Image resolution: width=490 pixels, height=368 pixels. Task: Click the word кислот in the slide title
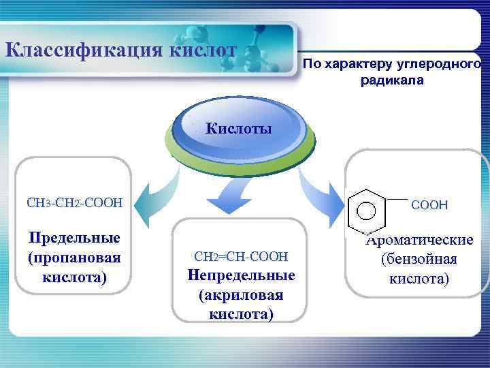[203, 50]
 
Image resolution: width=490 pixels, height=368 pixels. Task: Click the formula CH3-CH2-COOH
[74, 202]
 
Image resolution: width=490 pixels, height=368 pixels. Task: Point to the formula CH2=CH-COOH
[241, 257]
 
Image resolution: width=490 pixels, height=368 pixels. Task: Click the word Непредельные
[241, 276]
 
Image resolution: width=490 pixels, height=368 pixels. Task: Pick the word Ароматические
[419, 240]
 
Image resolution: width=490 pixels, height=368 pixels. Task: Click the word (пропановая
[73, 258]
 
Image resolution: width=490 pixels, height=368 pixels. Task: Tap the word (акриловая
[241, 296]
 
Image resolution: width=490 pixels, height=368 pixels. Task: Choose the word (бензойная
[419, 260]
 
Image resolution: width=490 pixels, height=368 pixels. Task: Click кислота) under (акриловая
[241, 314]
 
